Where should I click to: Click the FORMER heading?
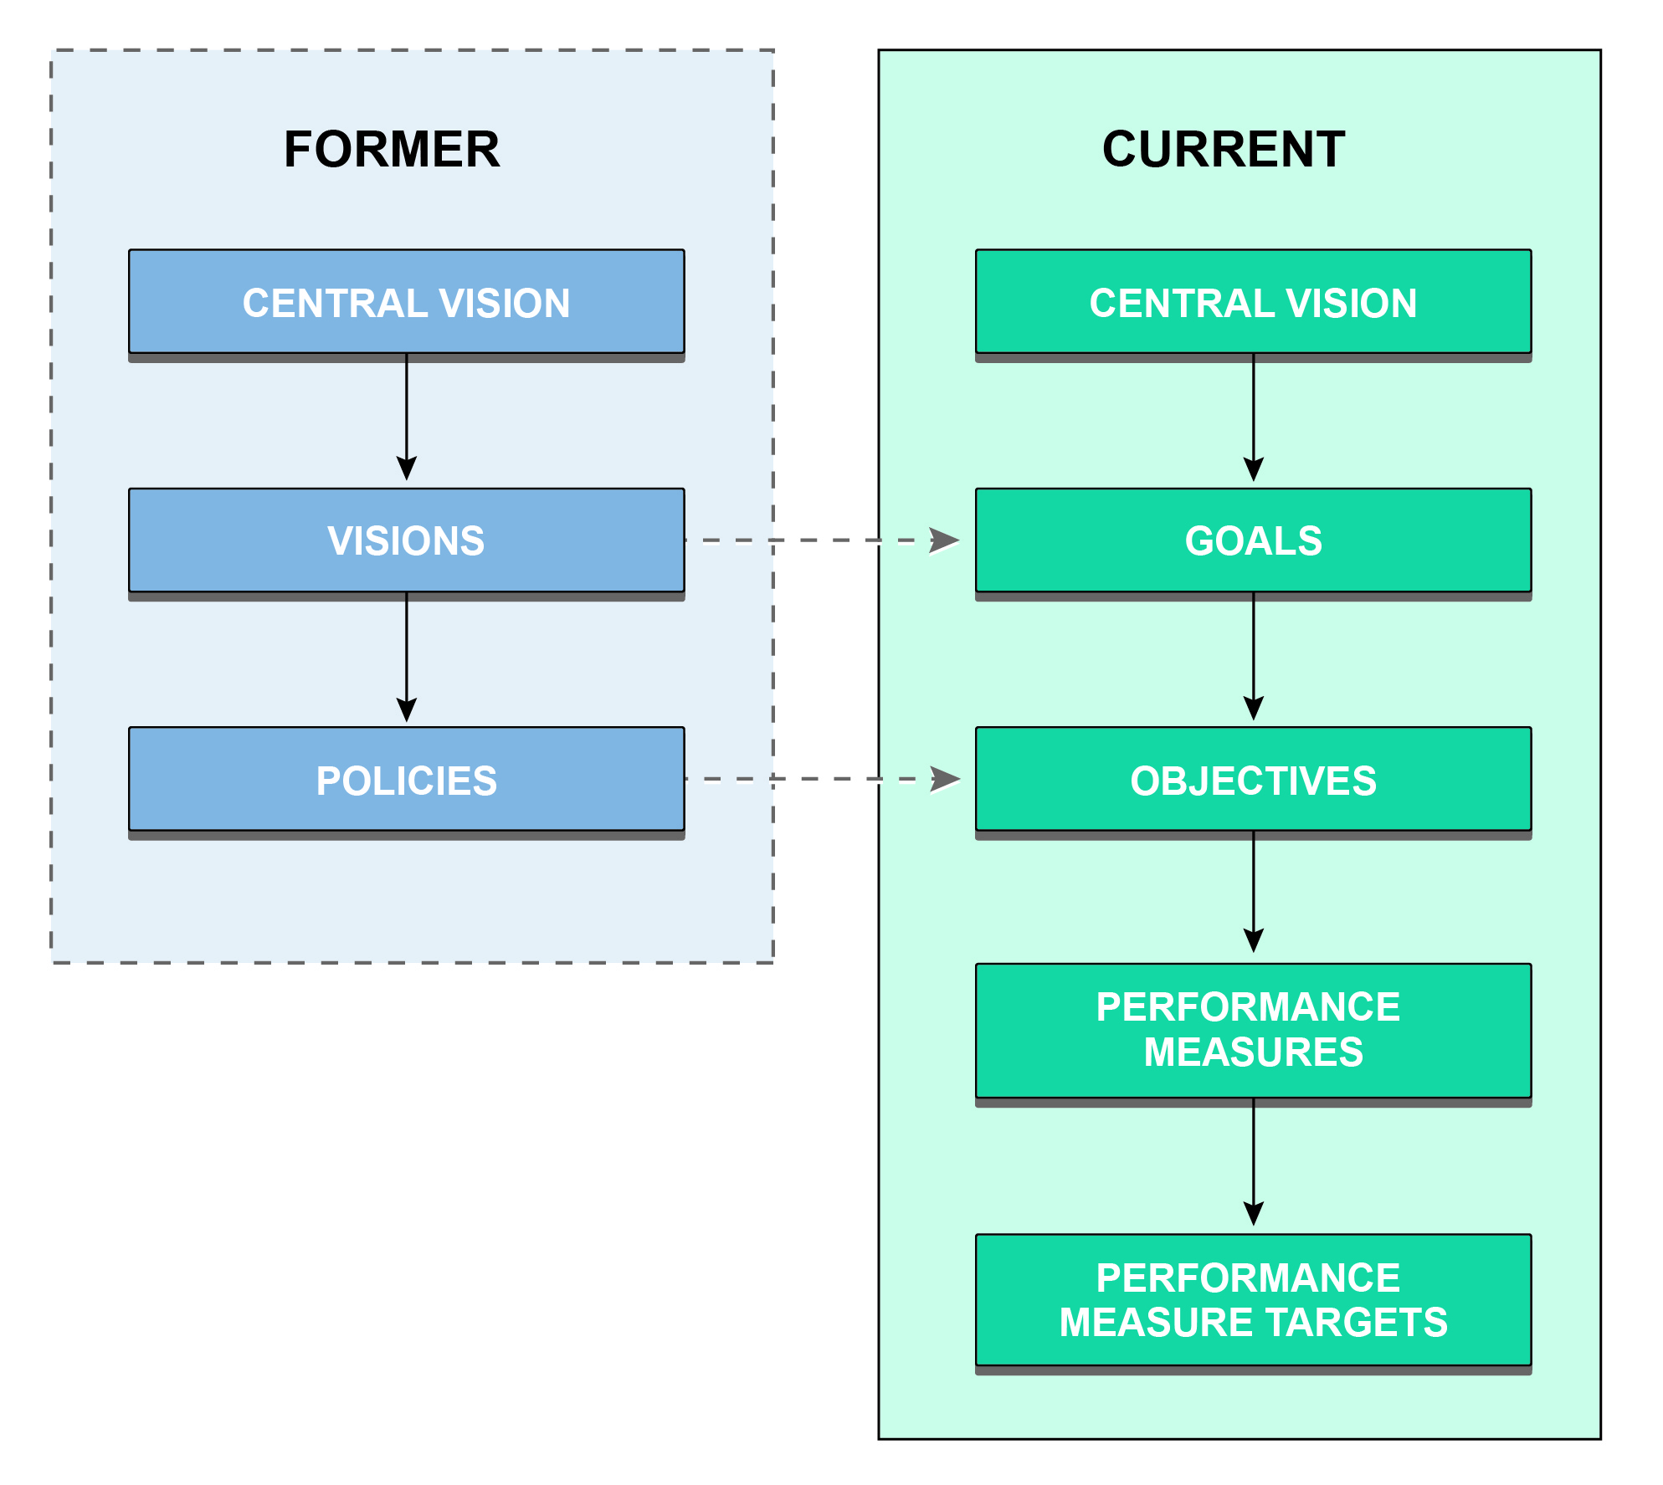tap(392, 150)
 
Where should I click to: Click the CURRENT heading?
tap(1223, 150)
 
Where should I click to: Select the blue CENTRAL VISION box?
tap(406, 302)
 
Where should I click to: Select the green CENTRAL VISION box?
tap(1253, 302)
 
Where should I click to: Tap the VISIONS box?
tap(406, 540)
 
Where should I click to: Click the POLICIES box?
tap(406, 780)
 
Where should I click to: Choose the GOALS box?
tap(1253, 540)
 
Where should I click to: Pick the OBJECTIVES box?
tap(1253, 780)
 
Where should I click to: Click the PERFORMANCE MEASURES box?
tap(1253, 1030)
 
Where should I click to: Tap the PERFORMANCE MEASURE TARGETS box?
tap(1253, 1300)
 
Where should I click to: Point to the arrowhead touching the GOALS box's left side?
tap(946, 540)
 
